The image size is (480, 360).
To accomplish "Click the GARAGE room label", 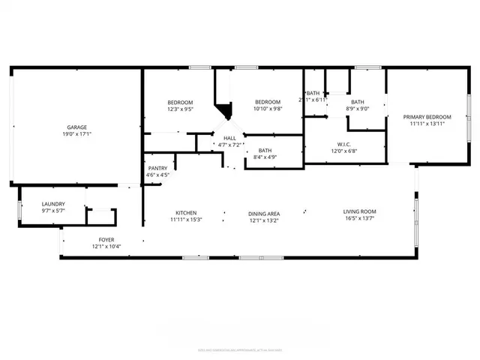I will tap(75, 127).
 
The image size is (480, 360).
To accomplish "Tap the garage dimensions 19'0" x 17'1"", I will tap(75, 136).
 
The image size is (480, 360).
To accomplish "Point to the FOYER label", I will tap(106, 239).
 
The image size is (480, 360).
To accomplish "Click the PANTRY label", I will tap(157, 168).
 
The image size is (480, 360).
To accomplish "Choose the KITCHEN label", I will tap(187, 213).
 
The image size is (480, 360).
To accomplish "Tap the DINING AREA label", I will tap(264, 213).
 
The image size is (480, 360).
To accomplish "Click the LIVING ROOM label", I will tap(359, 213).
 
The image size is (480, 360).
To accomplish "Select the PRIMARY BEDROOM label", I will tap(427, 117).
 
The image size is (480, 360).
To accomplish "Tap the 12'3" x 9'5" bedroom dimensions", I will tap(180, 109).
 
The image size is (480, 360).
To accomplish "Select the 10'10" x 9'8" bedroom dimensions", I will tap(268, 109).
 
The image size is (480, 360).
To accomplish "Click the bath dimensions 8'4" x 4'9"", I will tap(265, 157).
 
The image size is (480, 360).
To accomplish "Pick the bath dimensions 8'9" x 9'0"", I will tap(357, 109).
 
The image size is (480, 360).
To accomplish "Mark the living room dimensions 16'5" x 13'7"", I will tap(359, 220).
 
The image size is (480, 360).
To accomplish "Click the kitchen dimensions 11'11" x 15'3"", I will tap(187, 220).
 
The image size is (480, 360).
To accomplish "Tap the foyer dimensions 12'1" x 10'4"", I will tap(106, 247).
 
